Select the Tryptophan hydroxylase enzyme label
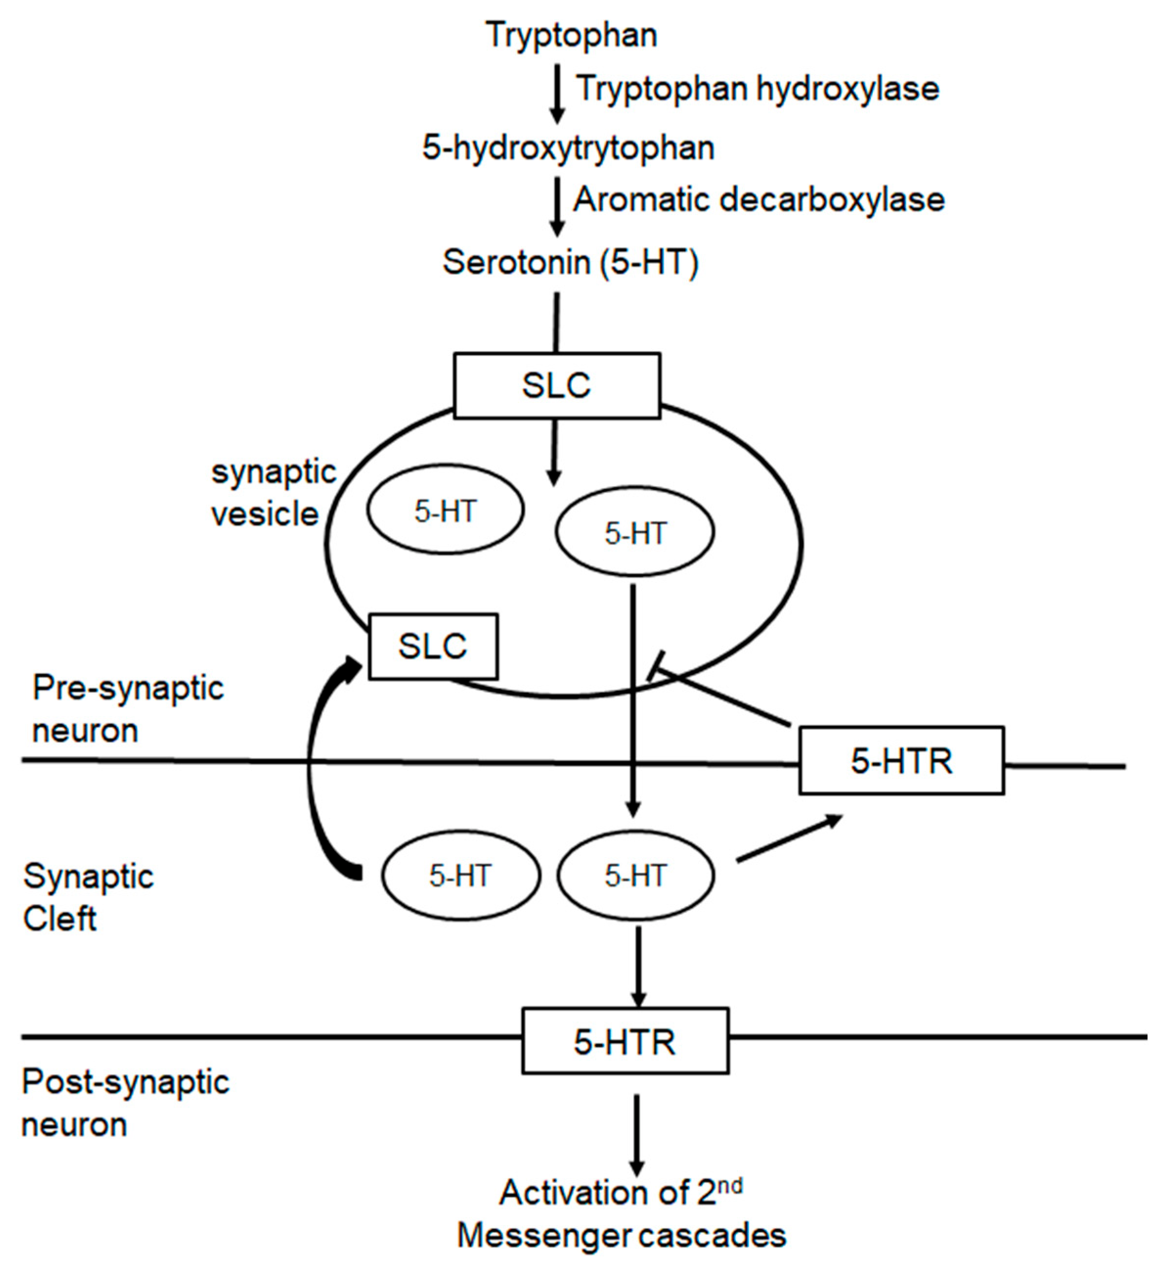757,88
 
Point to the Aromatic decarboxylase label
758,200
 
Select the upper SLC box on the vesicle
557,386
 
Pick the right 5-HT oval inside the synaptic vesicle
635,533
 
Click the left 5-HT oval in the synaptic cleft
460,876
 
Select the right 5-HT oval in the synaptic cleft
635,876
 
